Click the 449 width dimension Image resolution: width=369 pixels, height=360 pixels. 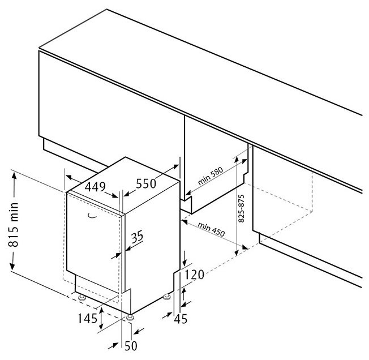point(95,187)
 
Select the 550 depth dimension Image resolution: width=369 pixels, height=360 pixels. point(146,183)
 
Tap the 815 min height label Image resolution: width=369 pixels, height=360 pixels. point(14,224)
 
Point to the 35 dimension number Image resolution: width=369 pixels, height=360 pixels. point(137,237)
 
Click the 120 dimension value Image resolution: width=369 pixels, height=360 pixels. point(194,275)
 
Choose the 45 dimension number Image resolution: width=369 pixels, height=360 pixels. point(181,319)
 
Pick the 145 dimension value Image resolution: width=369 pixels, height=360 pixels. point(88,319)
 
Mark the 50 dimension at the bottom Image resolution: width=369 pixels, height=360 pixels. point(131,346)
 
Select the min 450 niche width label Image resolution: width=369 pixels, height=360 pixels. point(211,229)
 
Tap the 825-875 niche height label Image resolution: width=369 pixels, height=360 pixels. point(241,208)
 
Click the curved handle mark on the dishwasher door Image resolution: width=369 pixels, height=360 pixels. point(92,217)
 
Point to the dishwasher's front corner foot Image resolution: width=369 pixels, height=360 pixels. point(130,318)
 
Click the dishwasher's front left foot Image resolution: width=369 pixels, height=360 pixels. point(83,298)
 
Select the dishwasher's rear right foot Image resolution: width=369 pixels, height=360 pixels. point(167,297)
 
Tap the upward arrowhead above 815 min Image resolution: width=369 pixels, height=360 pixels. point(14,176)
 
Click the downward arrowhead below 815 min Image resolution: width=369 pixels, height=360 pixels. point(12,267)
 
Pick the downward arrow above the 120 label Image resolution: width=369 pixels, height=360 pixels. point(185,259)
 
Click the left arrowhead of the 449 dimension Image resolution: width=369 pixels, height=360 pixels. point(68,177)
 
